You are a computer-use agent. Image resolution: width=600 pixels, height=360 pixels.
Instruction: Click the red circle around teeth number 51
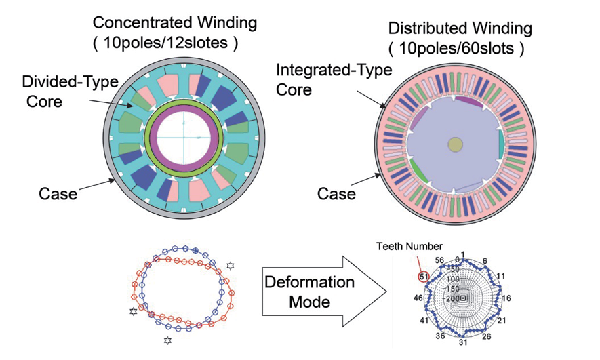pos(423,276)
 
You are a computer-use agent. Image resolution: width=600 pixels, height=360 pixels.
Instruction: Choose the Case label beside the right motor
pos(336,195)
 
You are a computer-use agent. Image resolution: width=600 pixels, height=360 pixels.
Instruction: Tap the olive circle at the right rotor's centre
pos(455,144)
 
